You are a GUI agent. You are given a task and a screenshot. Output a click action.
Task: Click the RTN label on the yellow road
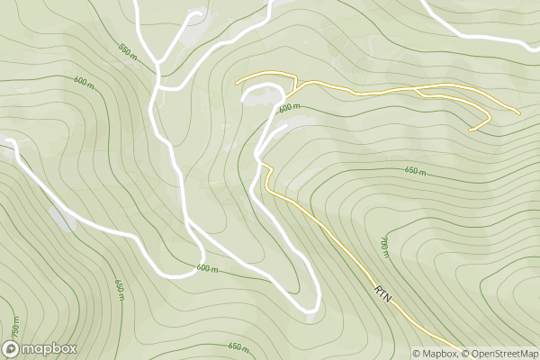tap(383, 292)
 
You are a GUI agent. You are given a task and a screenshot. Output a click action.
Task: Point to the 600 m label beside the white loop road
tap(290, 108)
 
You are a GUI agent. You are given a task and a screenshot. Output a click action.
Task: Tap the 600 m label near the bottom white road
tap(208, 268)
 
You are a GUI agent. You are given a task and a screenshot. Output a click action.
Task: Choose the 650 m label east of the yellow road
tap(415, 171)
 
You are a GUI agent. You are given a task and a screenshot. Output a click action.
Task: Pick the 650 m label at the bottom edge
tap(238, 346)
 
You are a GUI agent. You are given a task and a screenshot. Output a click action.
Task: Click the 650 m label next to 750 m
tap(118, 288)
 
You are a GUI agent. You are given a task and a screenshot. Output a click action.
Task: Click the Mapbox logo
tap(40, 348)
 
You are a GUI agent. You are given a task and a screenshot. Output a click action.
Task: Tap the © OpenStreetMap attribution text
tap(501, 353)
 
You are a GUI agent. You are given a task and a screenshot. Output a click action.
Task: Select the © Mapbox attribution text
tap(436, 353)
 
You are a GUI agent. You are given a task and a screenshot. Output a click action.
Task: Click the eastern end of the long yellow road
tap(519, 112)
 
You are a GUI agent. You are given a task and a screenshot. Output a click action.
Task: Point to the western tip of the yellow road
tap(237, 82)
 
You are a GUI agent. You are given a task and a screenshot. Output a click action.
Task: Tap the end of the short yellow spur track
tap(470, 129)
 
